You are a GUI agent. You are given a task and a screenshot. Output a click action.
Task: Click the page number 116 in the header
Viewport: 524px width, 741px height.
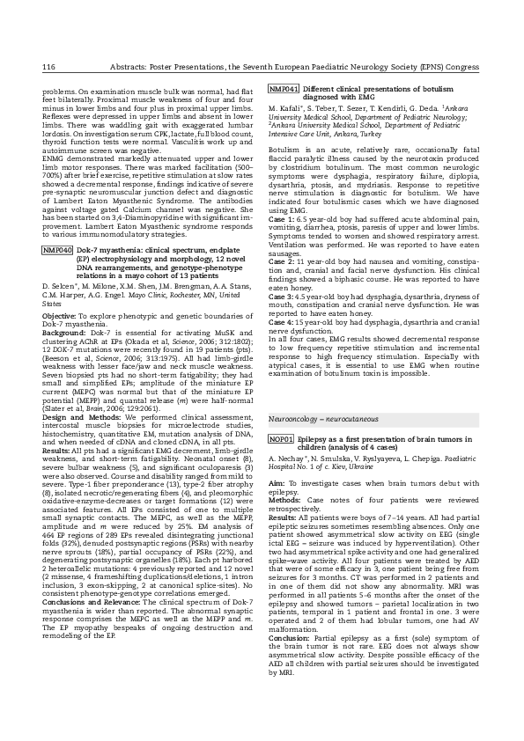tap(48, 67)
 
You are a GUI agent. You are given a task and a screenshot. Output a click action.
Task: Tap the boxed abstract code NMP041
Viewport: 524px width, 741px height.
tap(284, 90)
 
